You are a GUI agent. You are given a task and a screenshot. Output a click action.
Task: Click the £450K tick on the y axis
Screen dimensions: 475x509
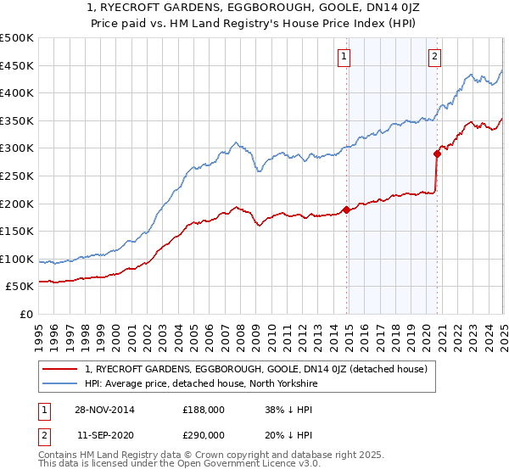click(x=17, y=65)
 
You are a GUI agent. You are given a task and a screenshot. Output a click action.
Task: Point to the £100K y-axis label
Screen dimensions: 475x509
click(x=17, y=259)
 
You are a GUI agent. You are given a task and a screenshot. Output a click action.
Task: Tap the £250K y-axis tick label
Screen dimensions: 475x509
click(x=17, y=176)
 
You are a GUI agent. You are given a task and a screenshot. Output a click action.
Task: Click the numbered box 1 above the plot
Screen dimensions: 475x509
click(x=344, y=57)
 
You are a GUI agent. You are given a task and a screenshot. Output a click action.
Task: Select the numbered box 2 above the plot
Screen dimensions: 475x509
click(x=433, y=57)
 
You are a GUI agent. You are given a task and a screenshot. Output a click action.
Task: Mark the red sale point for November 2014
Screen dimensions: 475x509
click(x=347, y=210)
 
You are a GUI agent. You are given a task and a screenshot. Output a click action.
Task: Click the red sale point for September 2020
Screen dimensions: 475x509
click(x=437, y=154)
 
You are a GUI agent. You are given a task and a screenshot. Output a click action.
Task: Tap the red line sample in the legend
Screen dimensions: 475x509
click(x=61, y=369)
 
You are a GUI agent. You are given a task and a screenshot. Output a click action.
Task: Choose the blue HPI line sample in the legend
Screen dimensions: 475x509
click(x=61, y=383)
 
